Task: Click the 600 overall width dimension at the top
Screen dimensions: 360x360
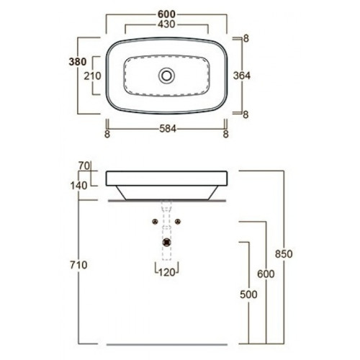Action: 166,14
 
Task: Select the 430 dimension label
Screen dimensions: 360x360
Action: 166,24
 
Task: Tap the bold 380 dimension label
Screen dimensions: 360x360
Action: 78,62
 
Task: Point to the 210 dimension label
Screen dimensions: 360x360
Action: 92,76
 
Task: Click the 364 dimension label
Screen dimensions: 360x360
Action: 242,76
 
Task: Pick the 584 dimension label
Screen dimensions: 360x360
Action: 168,129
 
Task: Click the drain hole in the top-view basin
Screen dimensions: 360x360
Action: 166,76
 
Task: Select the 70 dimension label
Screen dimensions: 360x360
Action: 84,166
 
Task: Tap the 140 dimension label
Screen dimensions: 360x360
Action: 78,186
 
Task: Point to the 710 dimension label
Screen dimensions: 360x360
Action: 78,265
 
